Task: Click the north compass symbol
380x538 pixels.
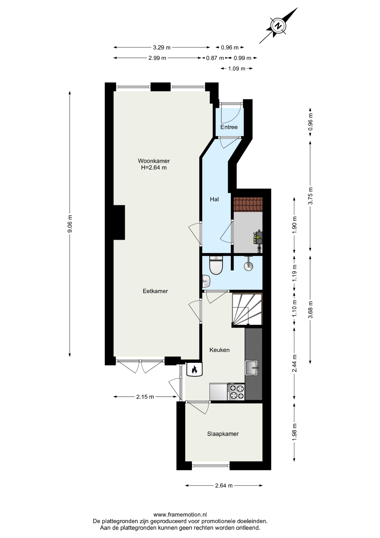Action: point(278,26)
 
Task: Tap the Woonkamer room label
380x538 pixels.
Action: point(154,161)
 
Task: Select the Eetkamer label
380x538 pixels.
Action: point(155,291)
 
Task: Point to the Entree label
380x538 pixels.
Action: point(229,127)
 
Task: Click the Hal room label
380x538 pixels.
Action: point(214,199)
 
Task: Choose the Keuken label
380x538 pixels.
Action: point(220,350)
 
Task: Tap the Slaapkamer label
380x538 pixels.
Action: point(223,434)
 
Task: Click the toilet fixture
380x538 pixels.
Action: point(216,265)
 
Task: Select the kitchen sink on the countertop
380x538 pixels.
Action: point(252,368)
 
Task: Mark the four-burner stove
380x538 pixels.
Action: point(236,392)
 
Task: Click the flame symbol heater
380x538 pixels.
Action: point(194,370)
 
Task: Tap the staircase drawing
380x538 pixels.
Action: point(247,309)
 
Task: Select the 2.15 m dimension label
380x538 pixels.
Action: point(145,397)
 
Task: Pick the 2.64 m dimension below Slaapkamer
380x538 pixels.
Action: point(224,486)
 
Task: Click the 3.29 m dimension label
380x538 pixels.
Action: point(162,47)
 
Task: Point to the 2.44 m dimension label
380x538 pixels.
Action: point(294,363)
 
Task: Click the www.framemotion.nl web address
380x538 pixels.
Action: point(180,514)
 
